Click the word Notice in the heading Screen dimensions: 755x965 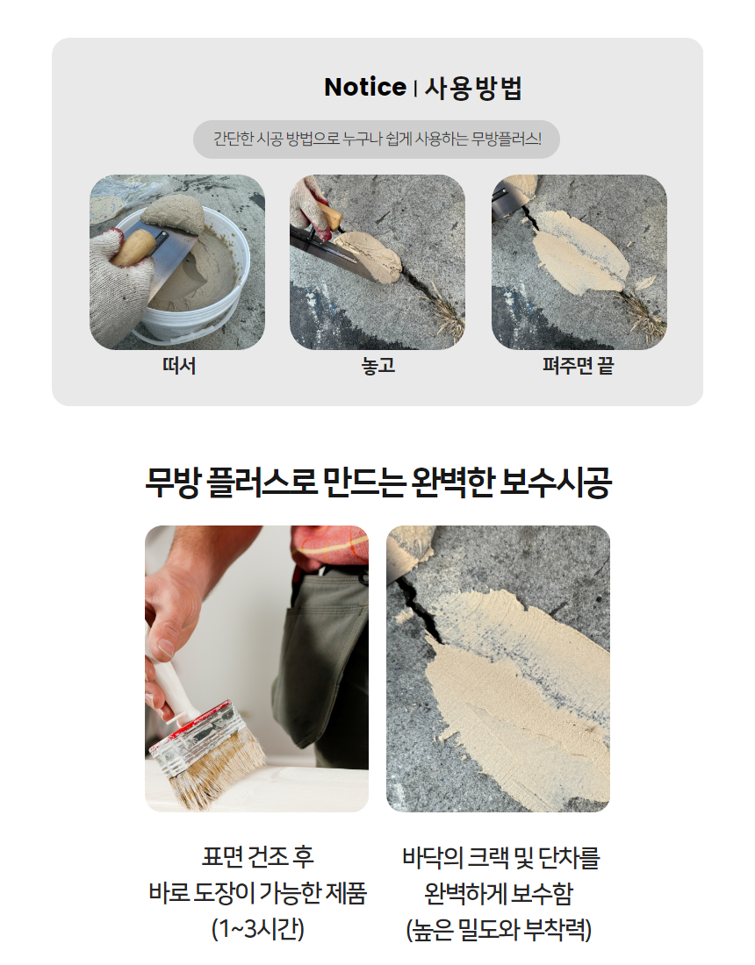(365, 87)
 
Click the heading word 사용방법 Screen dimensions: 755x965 (473, 88)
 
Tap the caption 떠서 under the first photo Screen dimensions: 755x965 (179, 366)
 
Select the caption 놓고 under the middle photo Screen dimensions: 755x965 (378, 366)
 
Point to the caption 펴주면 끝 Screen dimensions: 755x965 (578, 366)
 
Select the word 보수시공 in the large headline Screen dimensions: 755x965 (556, 482)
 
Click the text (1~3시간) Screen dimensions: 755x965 (258, 928)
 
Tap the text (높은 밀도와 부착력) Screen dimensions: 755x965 (499, 929)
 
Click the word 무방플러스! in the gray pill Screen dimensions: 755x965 (507, 139)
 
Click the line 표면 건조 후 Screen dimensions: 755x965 (258, 857)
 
